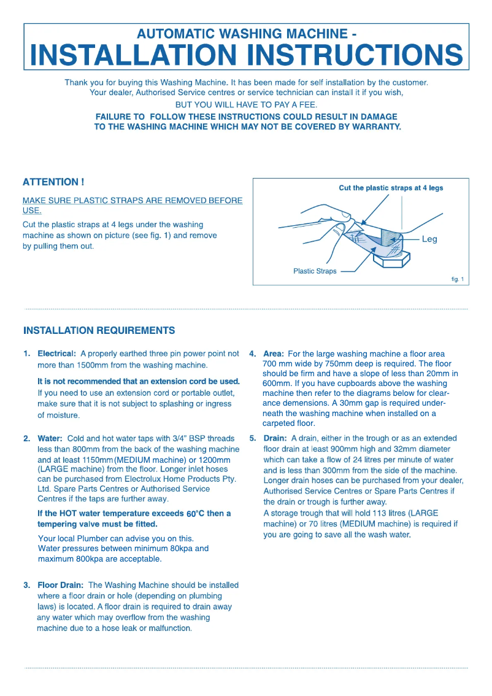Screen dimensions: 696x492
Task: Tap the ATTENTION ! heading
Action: pyautogui.click(x=53, y=182)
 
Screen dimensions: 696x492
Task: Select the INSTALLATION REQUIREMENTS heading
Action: pyautogui.click(x=99, y=331)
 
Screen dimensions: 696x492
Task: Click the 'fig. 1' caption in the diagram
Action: pyautogui.click(x=457, y=279)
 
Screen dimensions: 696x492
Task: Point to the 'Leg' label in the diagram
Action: pyautogui.click(x=429, y=239)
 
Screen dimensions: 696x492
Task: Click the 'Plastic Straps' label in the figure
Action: pyautogui.click(x=315, y=271)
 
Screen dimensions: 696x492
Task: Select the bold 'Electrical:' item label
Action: pyautogui.click(x=57, y=354)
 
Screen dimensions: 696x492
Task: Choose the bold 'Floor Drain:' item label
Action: pyautogui.click(x=61, y=586)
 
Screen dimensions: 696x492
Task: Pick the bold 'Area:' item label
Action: pyautogui.click(x=274, y=354)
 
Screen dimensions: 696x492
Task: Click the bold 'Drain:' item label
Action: pyautogui.click(x=275, y=439)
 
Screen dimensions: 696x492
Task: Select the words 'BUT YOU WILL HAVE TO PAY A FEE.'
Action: pyautogui.click(x=246, y=105)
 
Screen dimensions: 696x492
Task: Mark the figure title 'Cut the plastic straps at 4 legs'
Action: pyautogui.click(x=391, y=188)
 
